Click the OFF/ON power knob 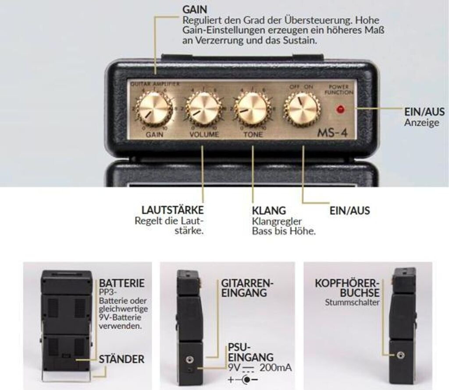pyautogui.click(x=302, y=107)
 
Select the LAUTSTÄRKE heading pyautogui.click(x=173, y=210)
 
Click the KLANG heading pyautogui.click(x=269, y=210)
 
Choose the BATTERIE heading pyautogui.click(x=121, y=282)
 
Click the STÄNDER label pyautogui.click(x=121, y=359)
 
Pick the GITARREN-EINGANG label pyautogui.click(x=247, y=288)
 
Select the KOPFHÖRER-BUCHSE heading pyautogui.click(x=347, y=288)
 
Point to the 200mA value pyautogui.click(x=276, y=367)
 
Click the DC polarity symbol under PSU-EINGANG pyautogui.click(x=242, y=379)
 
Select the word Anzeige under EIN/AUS pyautogui.click(x=421, y=123)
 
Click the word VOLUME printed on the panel pyautogui.click(x=203, y=134)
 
